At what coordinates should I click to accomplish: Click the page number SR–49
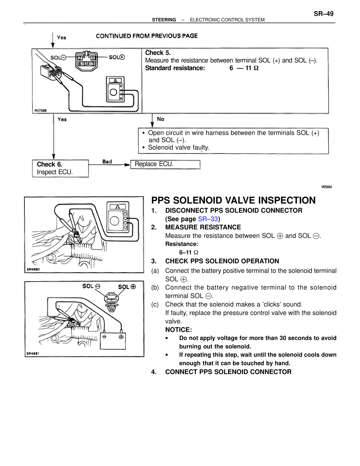(x=323, y=14)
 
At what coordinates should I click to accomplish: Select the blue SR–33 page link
(x=208, y=219)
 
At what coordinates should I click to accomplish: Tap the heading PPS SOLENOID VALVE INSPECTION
(x=233, y=200)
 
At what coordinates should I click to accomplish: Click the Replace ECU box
(x=165, y=164)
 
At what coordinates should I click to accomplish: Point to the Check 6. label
(x=49, y=164)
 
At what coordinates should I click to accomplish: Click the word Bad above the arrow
(x=107, y=162)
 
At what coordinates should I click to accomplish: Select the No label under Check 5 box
(x=161, y=119)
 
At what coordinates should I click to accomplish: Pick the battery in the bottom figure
(x=113, y=340)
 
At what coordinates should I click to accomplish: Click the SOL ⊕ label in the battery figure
(x=127, y=287)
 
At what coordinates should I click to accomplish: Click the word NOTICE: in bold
(x=178, y=330)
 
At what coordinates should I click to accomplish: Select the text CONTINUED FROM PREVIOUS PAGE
(x=147, y=36)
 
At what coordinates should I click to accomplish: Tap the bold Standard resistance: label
(x=175, y=68)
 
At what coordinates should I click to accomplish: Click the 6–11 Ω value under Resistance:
(x=188, y=252)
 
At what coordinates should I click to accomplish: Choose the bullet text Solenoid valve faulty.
(x=179, y=147)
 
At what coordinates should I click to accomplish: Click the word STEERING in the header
(x=164, y=20)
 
